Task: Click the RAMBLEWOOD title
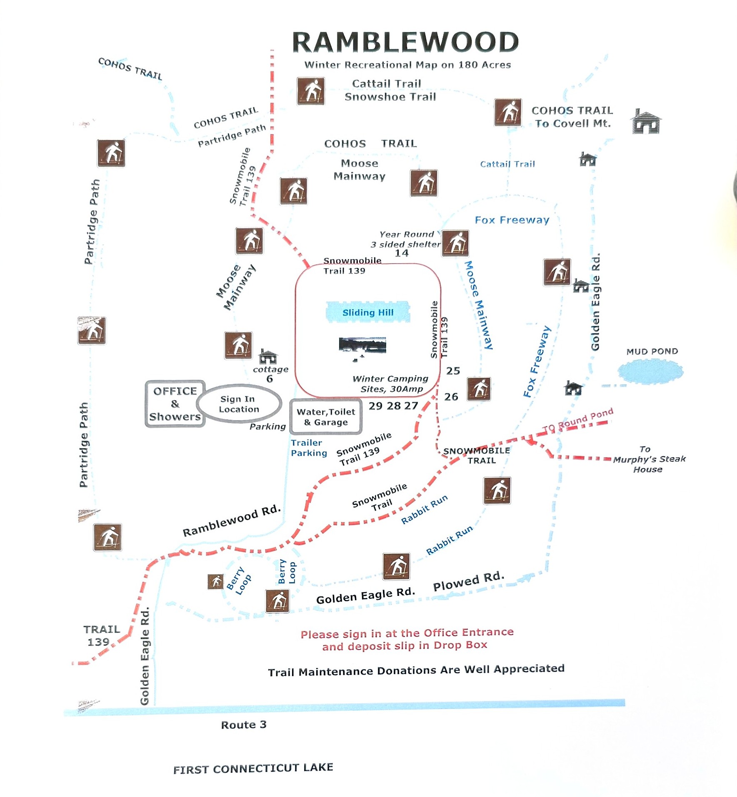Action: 405,42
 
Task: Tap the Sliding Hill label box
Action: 368,312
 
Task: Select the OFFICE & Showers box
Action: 175,403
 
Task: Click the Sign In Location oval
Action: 239,404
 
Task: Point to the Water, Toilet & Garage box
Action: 326,417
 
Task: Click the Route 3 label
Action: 244,725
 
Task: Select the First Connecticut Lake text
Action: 253,768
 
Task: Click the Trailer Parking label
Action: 309,448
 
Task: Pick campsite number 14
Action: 402,253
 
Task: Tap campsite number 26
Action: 451,397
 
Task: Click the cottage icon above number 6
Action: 268,357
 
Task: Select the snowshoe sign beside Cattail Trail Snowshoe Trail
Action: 311,91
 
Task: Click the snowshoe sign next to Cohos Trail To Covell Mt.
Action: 508,112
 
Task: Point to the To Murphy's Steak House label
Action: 649,459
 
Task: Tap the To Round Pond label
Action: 578,421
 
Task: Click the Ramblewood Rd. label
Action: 232,521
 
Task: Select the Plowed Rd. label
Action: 469,581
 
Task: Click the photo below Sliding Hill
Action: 362,346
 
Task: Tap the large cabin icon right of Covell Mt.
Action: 645,122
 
